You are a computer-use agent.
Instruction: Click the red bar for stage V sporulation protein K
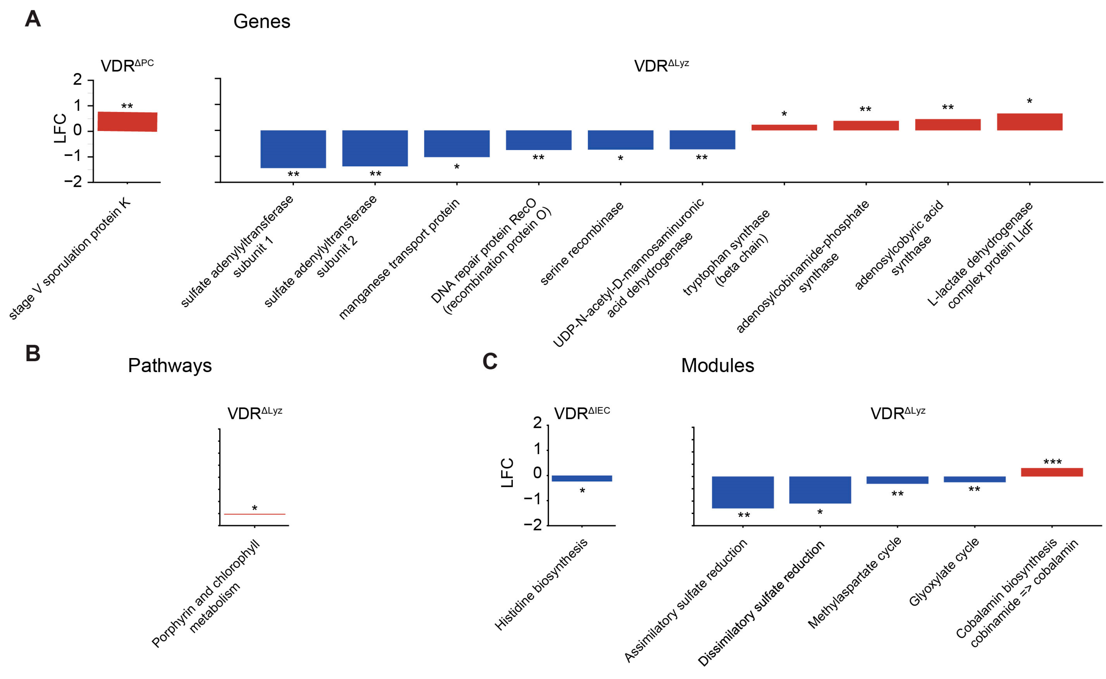coord(127,121)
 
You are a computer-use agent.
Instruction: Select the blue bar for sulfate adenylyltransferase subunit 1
coord(293,149)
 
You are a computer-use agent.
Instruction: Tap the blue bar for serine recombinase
coord(620,140)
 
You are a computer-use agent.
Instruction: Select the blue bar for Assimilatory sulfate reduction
coord(743,492)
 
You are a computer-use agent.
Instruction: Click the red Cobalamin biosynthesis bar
coord(1052,472)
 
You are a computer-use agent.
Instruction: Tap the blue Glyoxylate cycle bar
coord(974,479)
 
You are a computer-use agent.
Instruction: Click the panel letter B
coord(33,353)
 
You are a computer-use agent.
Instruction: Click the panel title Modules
coord(717,366)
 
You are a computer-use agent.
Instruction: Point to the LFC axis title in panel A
coord(60,129)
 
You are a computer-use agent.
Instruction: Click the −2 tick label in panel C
coord(532,525)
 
